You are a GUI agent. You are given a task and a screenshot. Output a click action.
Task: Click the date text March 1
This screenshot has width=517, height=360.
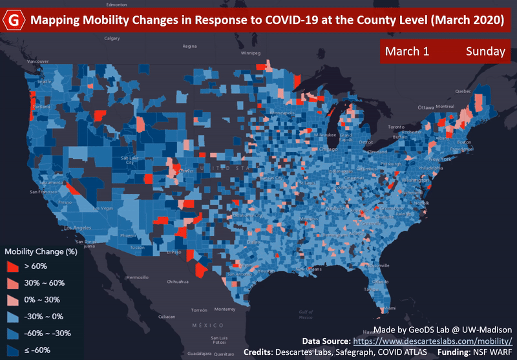click(x=407, y=52)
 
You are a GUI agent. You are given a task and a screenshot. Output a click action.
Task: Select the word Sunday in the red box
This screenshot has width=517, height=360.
click(x=485, y=52)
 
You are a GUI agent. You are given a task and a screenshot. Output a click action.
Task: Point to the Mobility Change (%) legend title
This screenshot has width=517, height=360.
click(x=41, y=250)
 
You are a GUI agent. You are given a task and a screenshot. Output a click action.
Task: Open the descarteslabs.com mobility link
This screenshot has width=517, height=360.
click(x=432, y=340)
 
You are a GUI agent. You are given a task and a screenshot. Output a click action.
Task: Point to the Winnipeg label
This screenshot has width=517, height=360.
click(x=249, y=54)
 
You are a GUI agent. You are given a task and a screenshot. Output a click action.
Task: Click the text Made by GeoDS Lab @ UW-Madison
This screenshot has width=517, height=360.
click(x=443, y=329)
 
